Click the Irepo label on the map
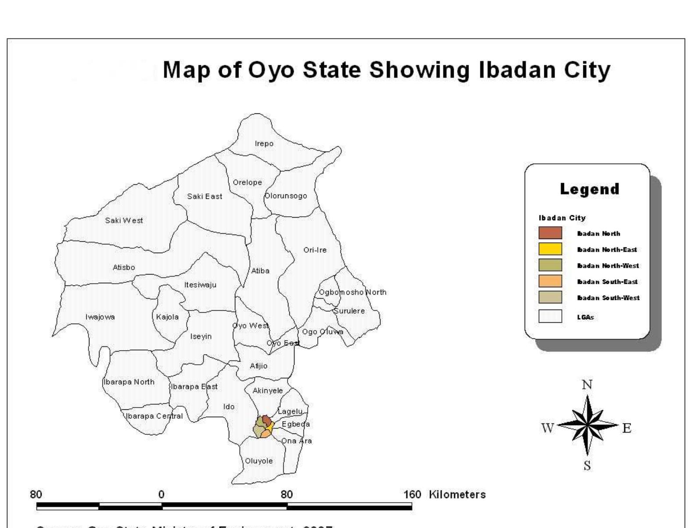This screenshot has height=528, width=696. coord(264,144)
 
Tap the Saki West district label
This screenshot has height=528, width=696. coord(124,221)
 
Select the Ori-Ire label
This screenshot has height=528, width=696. coord(315,250)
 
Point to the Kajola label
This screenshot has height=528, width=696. coord(167,317)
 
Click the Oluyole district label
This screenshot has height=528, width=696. coord(259,461)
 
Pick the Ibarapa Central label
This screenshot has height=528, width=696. coord(154,416)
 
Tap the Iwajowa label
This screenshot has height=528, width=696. coord(100,317)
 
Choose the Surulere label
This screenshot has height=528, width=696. coord(349,311)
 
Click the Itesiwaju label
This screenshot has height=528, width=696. coord(200,285)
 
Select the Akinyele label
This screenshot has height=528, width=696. coord(267,391)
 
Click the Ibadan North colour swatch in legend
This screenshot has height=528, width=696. coord(550,233)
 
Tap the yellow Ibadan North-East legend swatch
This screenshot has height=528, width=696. coord(550,249)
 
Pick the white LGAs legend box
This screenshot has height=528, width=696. coord(550,317)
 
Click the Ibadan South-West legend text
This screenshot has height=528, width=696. coord(608,298)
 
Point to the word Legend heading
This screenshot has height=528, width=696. coord(589,189)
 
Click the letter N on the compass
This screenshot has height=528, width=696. coord(587,385)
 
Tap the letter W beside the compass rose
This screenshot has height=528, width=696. coord(548,428)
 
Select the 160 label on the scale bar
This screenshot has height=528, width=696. coord(412,495)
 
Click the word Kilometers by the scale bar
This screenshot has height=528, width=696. coord(457,495)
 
